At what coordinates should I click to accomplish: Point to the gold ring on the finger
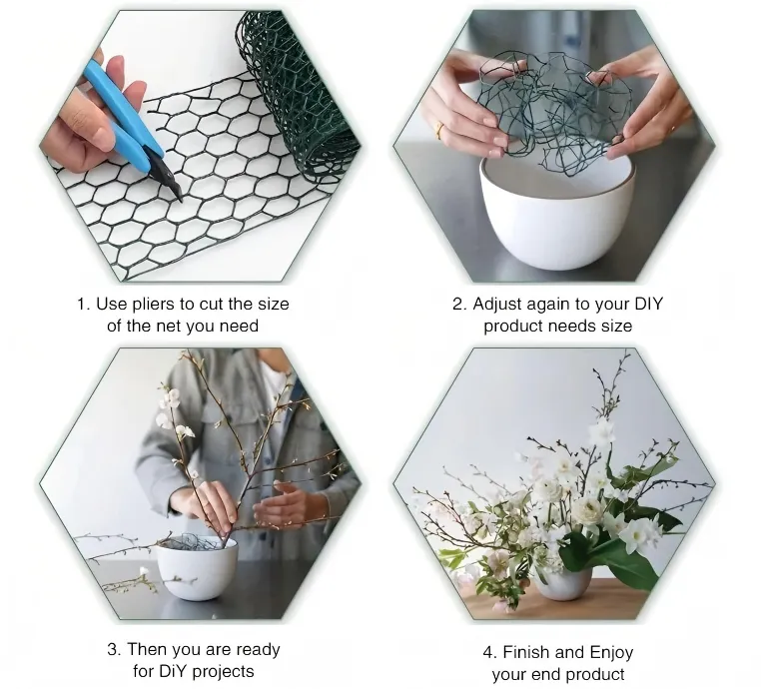click(439, 130)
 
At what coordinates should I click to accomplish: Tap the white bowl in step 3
click(197, 568)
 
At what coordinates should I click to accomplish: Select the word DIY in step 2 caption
click(648, 304)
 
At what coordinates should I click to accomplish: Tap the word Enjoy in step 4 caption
click(610, 653)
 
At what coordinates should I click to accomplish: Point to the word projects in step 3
click(224, 672)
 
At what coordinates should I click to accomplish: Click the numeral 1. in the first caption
click(84, 305)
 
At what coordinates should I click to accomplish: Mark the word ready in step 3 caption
click(258, 650)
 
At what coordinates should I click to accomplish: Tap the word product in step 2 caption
click(512, 327)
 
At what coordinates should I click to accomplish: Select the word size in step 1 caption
click(274, 305)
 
